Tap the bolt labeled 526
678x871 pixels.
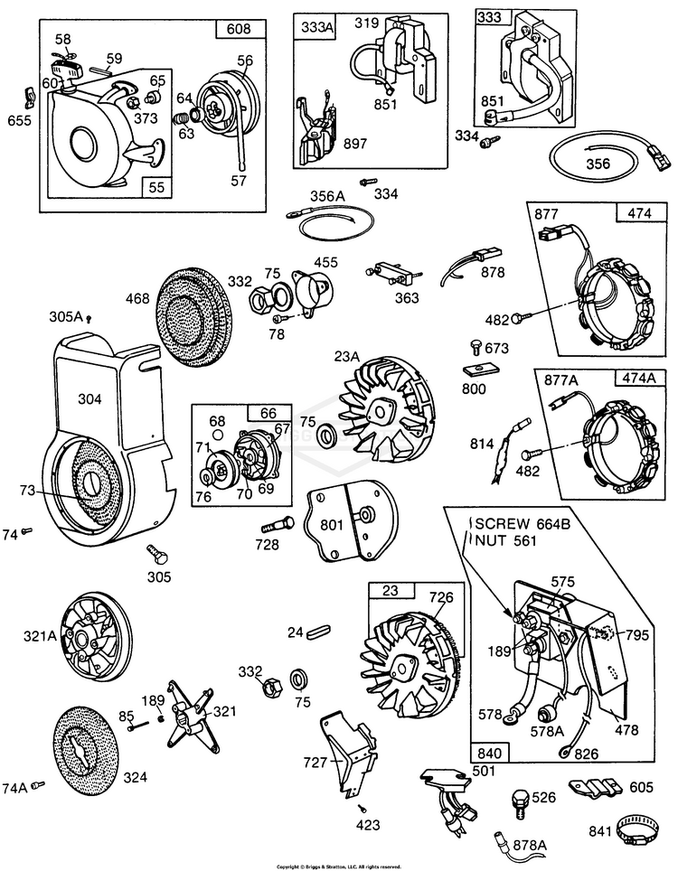click(521, 799)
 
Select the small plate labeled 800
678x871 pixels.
click(477, 370)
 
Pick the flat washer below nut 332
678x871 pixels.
click(297, 679)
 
